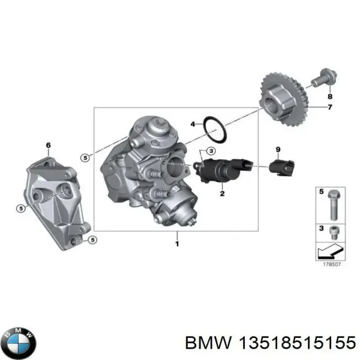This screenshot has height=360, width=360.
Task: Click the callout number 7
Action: point(329,107)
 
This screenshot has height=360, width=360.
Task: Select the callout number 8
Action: point(329,96)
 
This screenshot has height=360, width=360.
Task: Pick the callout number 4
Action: point(193,125)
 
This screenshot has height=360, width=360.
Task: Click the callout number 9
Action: point(278,149)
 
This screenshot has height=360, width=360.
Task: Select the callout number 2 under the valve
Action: point(222,193)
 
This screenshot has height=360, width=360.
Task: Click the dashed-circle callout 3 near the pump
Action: point(211,150)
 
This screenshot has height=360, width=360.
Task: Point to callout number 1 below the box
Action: point(176,244)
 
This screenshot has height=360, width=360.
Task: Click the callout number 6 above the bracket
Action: point(49,145)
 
